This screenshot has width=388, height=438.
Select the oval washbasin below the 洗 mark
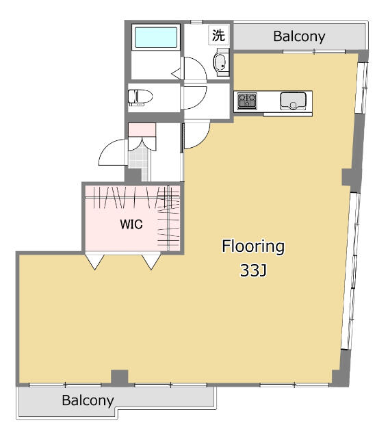[221, 62]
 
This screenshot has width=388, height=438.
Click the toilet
[140, 98]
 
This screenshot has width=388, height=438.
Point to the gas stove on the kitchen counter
[247, 102]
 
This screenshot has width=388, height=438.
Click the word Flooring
[252, 246]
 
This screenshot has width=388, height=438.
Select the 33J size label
[253, 271]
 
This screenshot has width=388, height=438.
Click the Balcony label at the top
[299, 36]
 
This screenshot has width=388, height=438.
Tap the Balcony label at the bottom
[88, 400]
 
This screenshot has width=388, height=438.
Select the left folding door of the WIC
[94, 261]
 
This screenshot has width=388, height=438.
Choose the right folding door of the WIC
[151, 261]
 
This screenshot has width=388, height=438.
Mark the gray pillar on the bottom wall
[120, 377]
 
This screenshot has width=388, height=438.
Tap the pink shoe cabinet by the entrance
[142, 128]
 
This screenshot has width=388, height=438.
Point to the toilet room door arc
[191, 98]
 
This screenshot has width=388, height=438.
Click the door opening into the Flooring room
[196, 136]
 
